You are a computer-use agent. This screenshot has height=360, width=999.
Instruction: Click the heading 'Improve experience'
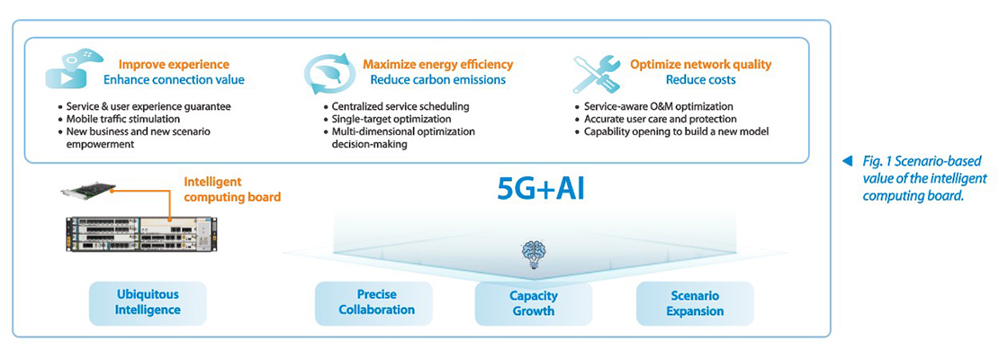[175, 65]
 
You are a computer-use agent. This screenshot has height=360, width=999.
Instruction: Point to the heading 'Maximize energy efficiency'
[437, 65]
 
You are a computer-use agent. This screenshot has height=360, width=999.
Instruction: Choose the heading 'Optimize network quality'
[701, 65]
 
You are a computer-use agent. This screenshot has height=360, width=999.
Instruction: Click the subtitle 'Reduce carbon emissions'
[437, 80]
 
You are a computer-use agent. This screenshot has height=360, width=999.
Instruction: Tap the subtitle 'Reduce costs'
[701, 80]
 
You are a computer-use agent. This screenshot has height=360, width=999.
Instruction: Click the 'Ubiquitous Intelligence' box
[148, 303]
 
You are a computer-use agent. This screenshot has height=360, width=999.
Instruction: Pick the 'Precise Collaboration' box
[376, 303]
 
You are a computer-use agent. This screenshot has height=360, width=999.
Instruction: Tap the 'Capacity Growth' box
[533, 303]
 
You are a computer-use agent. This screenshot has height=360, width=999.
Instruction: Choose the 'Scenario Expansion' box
[695, 303]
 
